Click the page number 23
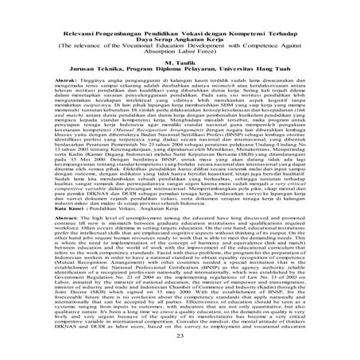pos(180,338)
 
